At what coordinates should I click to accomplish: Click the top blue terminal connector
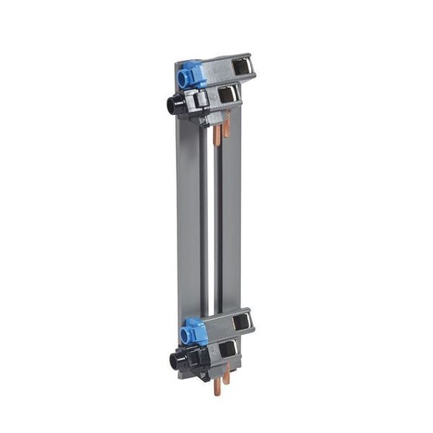[193, 74]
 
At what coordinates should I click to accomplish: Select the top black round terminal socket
[175, 105]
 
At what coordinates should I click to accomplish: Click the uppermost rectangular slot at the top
[245, 65]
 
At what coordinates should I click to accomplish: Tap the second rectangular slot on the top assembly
[227, 94]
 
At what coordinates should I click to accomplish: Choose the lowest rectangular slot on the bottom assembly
[227, 349]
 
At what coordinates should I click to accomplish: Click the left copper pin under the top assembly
[216, 133]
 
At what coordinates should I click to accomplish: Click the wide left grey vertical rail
[189, 220]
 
